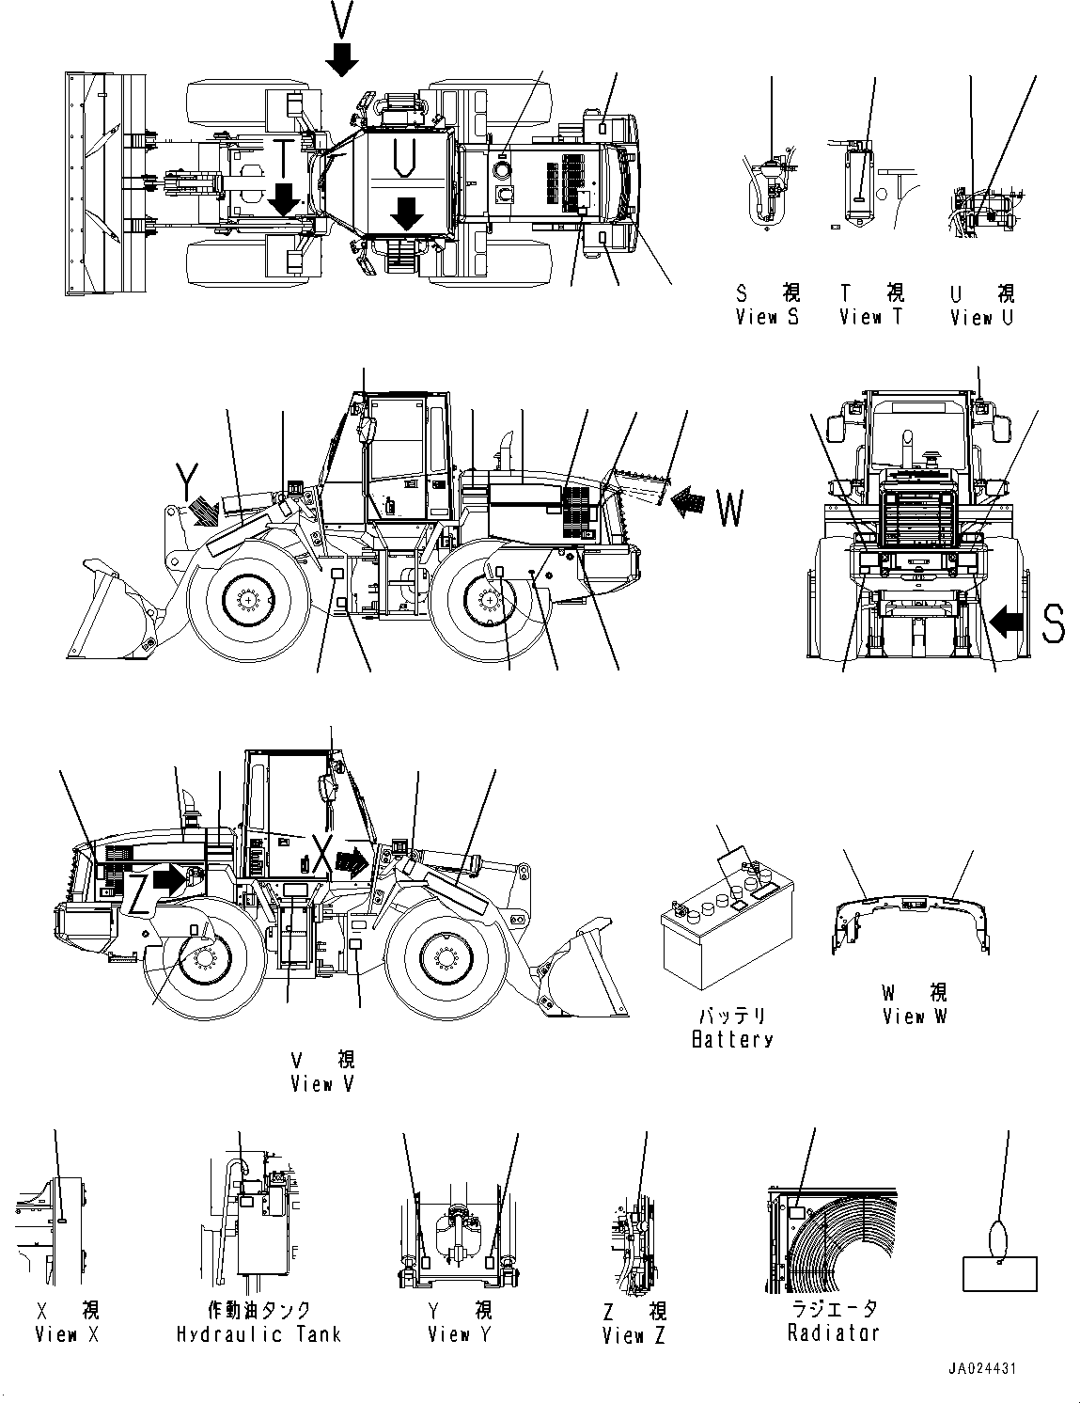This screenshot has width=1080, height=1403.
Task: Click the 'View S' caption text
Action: [767, 318]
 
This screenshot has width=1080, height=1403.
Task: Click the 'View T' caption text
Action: [870, 318]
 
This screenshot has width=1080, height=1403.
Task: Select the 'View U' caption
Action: [981, 318]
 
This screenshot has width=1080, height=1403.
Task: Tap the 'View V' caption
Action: [323, 1084]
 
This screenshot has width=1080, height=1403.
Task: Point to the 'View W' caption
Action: [915, 1017]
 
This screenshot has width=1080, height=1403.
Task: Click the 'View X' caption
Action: [67, 1334]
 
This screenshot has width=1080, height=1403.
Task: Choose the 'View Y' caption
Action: [460, 1334]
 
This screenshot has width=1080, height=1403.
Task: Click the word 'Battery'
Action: [732, 1039]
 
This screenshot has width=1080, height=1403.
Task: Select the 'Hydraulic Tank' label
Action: [258, 1334]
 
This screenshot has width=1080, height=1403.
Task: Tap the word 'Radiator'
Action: [834, 1332]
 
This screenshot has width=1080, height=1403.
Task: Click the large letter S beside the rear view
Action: [1053, 623]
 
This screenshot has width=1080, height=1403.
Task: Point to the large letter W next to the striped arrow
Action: [730, 509]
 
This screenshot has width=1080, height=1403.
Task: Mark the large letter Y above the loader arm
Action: [188, 484]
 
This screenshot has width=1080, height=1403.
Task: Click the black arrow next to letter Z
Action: [169, 878]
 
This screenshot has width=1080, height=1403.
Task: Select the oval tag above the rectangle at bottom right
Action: [998, 1236]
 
